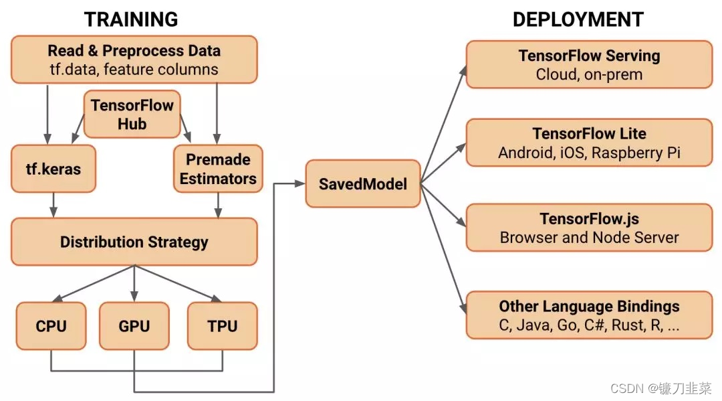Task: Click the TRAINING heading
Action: [x=131, y=19]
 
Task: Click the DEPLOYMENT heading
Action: [x=578, y=19]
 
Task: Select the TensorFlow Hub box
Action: [x=132, y=114]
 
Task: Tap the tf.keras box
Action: [x=53, y=169]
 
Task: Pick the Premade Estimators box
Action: [x=218, y=169]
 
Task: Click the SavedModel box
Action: [x=363, y=183]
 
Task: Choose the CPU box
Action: [x=51, y=326]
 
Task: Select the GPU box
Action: [x=134, y=326]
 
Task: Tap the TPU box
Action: [x=222, y=326]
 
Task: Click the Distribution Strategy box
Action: [x=134, y=242]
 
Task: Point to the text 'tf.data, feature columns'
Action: [x=133, y=70]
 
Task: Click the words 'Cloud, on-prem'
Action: [x=589, y=74]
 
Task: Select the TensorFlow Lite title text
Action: [x=589, y=133]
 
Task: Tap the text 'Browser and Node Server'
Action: [x=589, y=238]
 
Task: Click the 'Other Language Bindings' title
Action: [x=589, y=307]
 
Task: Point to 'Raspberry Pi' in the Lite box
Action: [x=637, y=153]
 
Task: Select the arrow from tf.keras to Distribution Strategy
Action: [x=53, y=204]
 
